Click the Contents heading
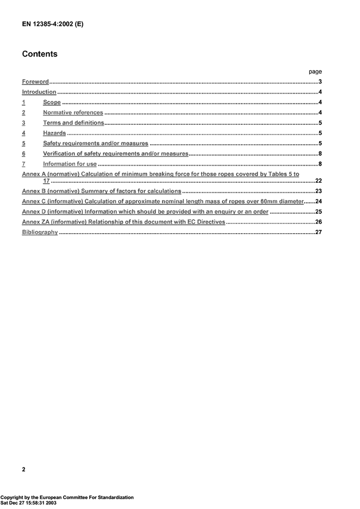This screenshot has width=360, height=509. (x=40, y=54)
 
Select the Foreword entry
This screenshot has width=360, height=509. (x=36, y=82)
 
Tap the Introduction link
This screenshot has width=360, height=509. (x=39, y=92)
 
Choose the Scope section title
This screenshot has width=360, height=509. (x=52, y=102)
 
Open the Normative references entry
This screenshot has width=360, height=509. (x=73, y=113)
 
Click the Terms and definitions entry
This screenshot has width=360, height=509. (x=73, y=123)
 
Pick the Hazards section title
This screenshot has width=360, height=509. (x=54, y=133)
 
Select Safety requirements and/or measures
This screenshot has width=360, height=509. (x=96, y=143)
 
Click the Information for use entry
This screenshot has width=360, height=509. (x=70, y=164)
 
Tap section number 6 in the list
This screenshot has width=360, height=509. (x=24, y=154)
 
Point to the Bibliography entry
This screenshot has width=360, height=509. (x=40, y=232)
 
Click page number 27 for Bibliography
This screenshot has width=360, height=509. (x=318, y=232)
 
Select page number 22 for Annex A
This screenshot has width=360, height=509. (x=318, y=181)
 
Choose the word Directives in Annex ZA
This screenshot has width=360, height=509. (x=208, y=222)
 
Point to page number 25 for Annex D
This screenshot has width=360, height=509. (x=318, y=212)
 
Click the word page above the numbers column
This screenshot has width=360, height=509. (x=315, y=71)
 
